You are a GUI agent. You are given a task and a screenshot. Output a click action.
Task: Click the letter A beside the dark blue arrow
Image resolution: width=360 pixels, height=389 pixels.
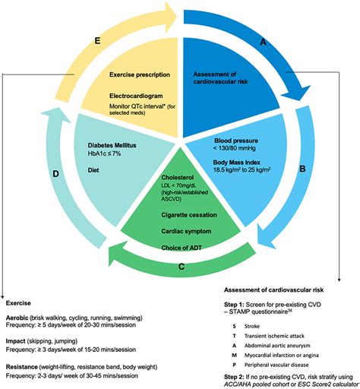point(263,44)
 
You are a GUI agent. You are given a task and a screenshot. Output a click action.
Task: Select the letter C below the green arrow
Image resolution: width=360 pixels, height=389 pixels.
point(182,267)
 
